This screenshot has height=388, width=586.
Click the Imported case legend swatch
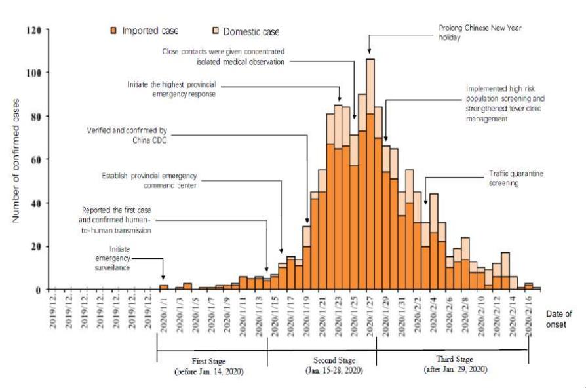114,31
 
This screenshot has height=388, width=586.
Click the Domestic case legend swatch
216,31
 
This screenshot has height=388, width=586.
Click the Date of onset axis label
558,319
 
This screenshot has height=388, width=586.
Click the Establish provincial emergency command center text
150,181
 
